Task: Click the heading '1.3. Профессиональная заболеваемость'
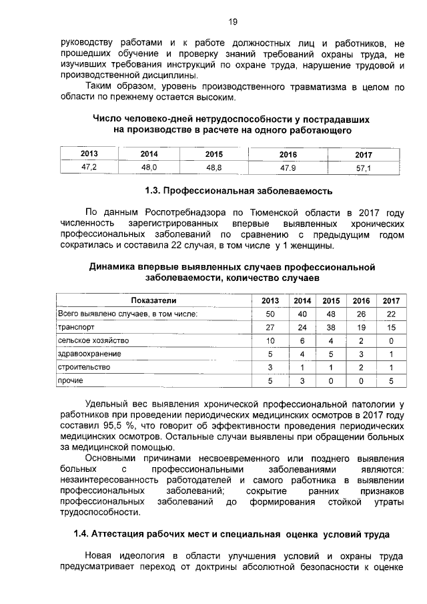point(238,192)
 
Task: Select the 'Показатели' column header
point(153,300)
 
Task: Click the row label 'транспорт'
point(76,327)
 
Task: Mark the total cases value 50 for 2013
point(270,314)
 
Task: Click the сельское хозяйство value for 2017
point(390,340)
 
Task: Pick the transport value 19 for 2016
point(361,327)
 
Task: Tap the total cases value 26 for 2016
point(361,314)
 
